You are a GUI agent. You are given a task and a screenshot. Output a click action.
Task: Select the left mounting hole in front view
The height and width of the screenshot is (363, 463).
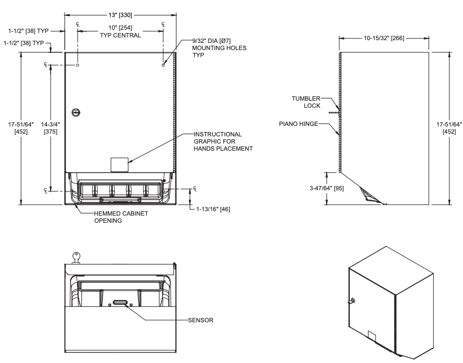[x=78, y=65]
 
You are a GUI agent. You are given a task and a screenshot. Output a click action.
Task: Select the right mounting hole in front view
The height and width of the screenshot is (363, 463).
[x=163, y=65]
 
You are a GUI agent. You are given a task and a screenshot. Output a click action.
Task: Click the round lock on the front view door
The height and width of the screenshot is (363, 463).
[x=78, y=112]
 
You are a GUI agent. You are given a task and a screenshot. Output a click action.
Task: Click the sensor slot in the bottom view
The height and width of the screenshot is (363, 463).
[x=120, y=302]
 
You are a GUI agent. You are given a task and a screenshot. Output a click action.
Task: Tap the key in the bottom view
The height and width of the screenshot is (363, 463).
[x=76, y=256]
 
